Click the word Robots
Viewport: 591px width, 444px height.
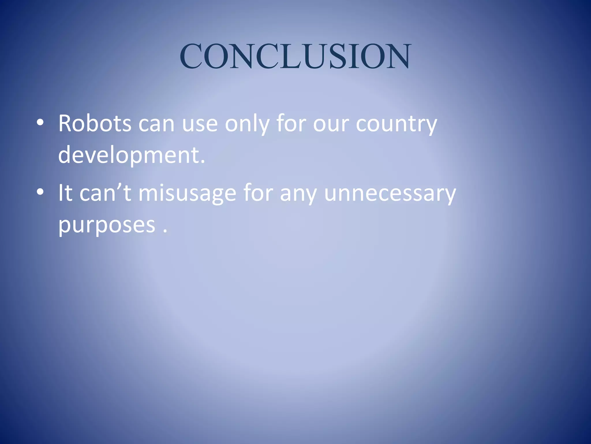pyautogui.click(x=95, y=124)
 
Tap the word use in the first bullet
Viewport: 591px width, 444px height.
pyautogui.click(x=200, y=124)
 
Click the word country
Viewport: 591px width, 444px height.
pyautogui.click(x=397, y=124)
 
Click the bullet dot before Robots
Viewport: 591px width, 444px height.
pyautogui.click(x=40, y=123)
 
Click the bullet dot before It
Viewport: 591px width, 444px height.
pyautogui.click(x=40, y=192)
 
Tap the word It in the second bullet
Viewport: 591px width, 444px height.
pyautogui.click(x=65, y=193)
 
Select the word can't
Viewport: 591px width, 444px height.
pyautogui.click(x=106, y=193)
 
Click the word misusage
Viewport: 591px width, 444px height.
pyautogui.click(x=187, y=193)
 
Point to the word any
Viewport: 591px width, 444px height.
pyautogui.click(x=298, y=193)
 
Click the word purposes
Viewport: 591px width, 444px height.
pyautogui.click(x=107, y=225)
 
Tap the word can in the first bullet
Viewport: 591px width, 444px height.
pyautogui.click(x=156, y=124)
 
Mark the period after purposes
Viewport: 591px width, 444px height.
pyautogui.click(x=165, y=231)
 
